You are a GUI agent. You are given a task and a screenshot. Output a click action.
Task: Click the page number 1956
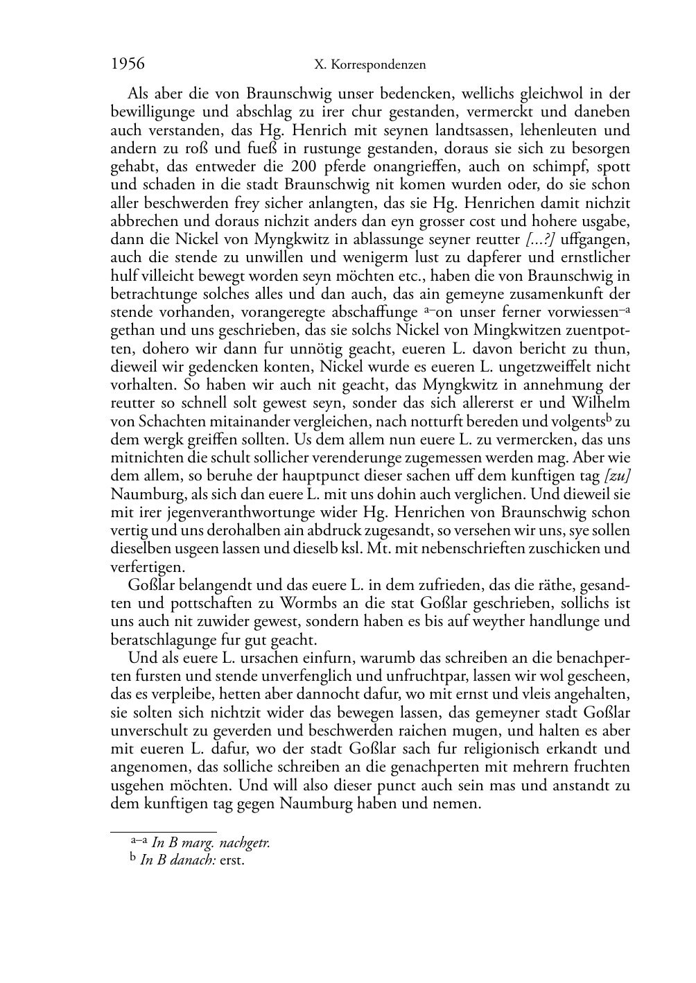click(x=128, y=64)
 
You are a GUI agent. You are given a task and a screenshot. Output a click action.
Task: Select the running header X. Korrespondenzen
click(x=370, y=65)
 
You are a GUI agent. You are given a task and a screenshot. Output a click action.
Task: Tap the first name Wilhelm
click(x=602, y=403)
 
